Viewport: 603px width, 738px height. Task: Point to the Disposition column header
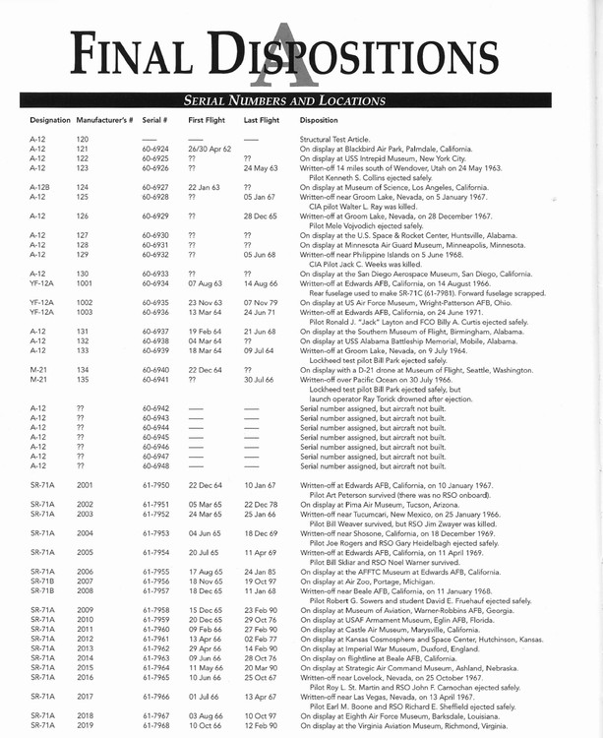click(x=320, y=119)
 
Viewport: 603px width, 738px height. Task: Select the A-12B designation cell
click(x=40, y=186)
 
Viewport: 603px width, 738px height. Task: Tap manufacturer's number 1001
click(x=85, y=281)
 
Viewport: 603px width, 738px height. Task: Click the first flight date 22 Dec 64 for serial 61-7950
click(x=206, y=484)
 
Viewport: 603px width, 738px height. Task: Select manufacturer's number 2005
click(x=85, y=553)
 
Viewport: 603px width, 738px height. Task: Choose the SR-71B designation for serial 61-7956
click(x=42, y=581)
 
